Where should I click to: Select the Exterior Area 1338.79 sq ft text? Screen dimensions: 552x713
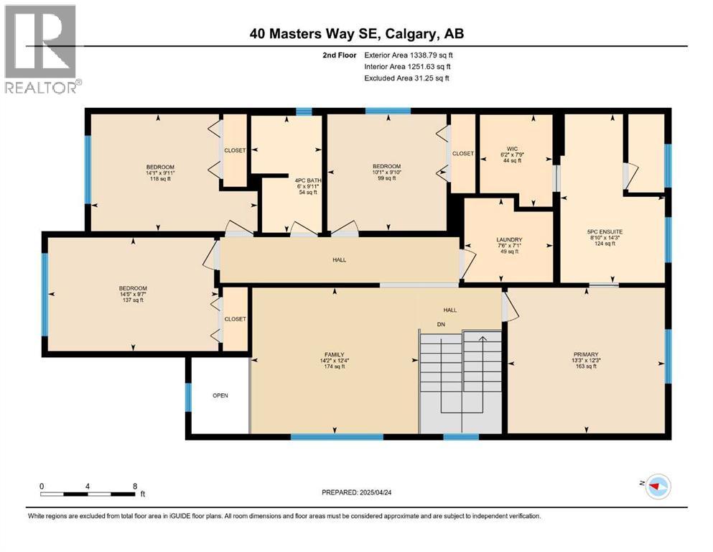point(408,55)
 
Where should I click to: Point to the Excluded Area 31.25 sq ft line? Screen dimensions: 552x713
point(406,78)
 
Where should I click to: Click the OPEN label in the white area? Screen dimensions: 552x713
point(220,395)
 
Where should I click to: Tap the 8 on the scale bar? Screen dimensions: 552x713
point(135,485)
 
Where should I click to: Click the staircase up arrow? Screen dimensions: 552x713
point(483,339)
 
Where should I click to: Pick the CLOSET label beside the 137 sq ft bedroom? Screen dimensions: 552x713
point(235,318)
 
